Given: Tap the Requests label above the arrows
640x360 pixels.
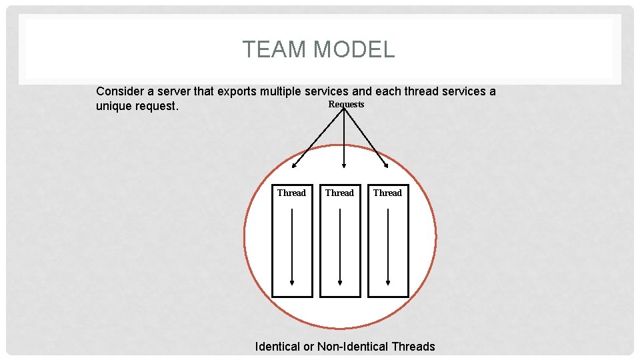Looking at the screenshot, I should point(346,105).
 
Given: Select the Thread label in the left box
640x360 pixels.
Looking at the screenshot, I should point(291,193).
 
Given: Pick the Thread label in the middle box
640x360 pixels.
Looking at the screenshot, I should point(339,193).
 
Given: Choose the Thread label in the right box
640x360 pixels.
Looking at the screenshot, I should point(387,193).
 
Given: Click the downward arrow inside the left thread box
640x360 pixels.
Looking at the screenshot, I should point(292,247).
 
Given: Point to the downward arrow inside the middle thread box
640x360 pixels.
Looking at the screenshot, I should point(340,247).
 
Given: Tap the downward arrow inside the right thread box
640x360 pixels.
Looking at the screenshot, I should point(388,247).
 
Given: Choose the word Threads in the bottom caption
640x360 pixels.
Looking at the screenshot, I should point(413,347).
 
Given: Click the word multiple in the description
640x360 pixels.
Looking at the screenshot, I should point(281,91).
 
